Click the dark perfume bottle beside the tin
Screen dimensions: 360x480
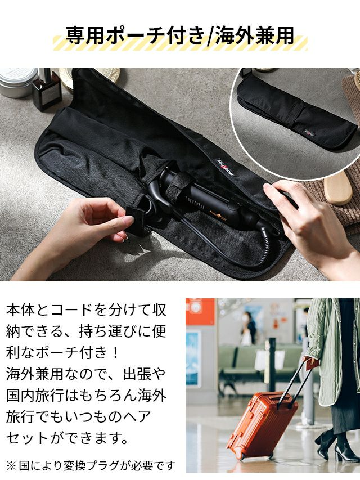(47, 89)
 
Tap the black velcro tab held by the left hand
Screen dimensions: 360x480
(137, 221)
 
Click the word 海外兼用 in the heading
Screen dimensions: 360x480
(254, 36)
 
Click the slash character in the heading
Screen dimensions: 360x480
(210, 37)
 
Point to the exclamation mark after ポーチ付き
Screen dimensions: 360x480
(115, 353)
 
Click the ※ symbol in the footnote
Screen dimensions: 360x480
(12, 466)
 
